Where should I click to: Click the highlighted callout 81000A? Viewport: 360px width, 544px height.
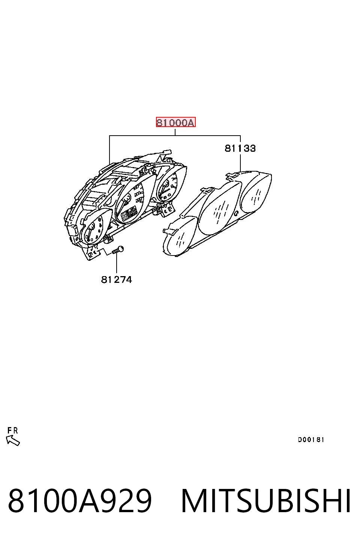[x=175, y=122]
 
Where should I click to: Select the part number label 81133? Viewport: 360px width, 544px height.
[x=240, y=148]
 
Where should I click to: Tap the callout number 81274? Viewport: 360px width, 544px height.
[x=116, y=280]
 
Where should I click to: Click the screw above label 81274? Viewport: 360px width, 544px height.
[x=118, y=250]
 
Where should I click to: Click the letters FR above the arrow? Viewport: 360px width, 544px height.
[x=13, y=430]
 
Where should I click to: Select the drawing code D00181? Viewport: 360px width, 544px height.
[x=311, y=440]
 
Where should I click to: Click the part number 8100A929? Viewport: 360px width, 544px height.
[x=80, y=501]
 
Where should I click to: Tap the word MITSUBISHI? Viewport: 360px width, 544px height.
[x=265, y=501]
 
